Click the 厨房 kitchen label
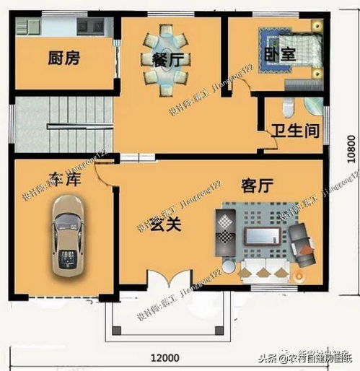pos(63,58)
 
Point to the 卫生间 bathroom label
pos(294,132)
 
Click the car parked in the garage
pos(66,236)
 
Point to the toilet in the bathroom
pos(288,108)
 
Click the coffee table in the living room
pos(261,236)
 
